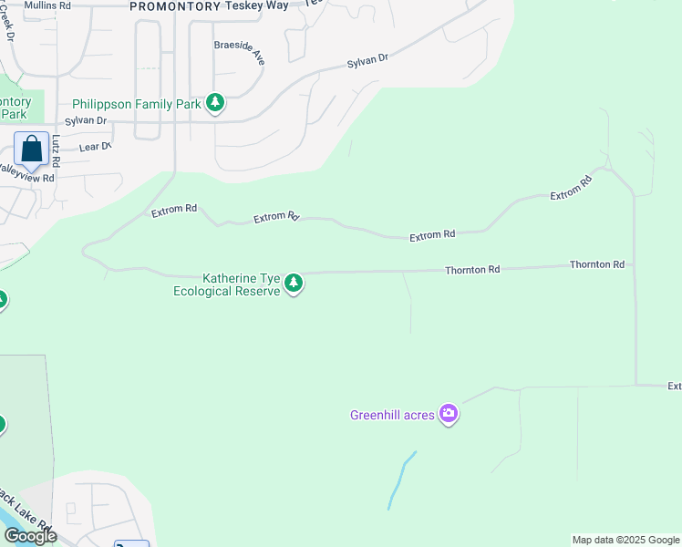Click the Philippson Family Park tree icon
tap(215, 103)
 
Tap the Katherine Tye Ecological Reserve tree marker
tap(294, 284)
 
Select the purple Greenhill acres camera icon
tap(449, 415)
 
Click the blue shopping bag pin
tap(31, 150)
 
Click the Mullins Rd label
tap(47, 5)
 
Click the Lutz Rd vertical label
tap(56, 150)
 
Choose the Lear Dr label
tap(95, 146)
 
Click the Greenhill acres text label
tap(393, 416)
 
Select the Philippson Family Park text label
tap(137, 104)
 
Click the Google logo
tap(29, 536)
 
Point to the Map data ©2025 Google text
tap(625, 540)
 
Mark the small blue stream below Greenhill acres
tap(400, 480)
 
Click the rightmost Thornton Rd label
tap(597, 264)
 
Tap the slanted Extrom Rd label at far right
tap(571, 189)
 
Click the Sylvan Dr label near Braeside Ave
tap(367, 62)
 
